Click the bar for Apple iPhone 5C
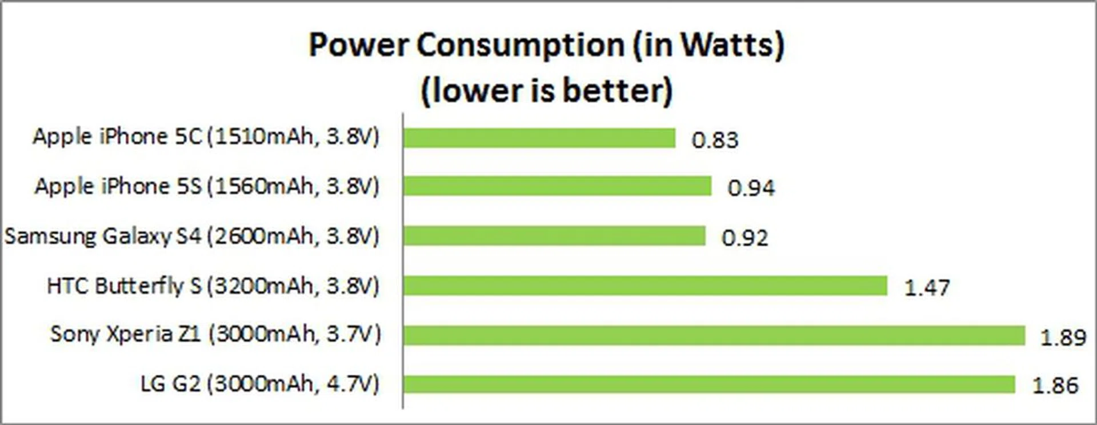coord(539,138)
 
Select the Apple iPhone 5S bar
coord(557,186)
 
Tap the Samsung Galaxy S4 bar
coord(554,236)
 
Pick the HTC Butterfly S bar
coord(645,286)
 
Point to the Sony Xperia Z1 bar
coord(714,335)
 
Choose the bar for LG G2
coord(709,384)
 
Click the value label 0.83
coord(715,140)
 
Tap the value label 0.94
coord(751,188)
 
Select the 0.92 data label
coord(745,238)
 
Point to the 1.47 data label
coord(927,287)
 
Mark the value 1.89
coord(1063,338)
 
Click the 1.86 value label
coord(1055,386)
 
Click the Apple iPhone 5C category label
coord(206,137)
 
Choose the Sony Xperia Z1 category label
coord(215,334)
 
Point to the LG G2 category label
coord(260,384)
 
